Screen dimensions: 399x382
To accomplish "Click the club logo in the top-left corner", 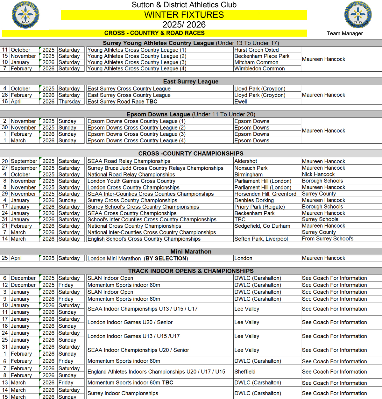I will [x=25, y=15].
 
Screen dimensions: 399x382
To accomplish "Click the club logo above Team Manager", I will [x=358, y=15].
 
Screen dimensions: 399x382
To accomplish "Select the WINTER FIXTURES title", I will [x=184, y=15].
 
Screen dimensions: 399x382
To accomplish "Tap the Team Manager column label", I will [x=344, y=33].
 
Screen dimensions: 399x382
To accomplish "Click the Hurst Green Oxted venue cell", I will [x=257, y=50].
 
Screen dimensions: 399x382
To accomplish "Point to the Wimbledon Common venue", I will [x=259, y=68].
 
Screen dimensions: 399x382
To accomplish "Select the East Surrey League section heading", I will [x=191, y=82].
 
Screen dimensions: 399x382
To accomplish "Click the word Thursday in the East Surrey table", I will [x=69, y=102].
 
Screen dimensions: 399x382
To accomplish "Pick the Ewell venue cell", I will [x=241, y=102].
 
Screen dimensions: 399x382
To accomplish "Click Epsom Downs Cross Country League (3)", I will [x=136, y=134].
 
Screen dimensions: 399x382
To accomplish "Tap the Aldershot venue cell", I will [x=246, y=161].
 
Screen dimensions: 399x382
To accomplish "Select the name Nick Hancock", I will [x=318, y=174].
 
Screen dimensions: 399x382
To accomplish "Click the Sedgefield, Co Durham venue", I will [x=262, y=226].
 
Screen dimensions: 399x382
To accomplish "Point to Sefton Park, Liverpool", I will [x=261, y=239].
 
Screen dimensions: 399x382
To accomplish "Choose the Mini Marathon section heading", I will [x=191, y=252].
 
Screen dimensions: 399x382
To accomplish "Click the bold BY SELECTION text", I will [x=166, y=259].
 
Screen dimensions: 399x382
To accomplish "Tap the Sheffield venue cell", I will [x=245, y=372].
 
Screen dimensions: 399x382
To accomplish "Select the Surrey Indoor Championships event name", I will [x=123, y=393].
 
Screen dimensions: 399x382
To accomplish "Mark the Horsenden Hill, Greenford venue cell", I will [x=265, y=194].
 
